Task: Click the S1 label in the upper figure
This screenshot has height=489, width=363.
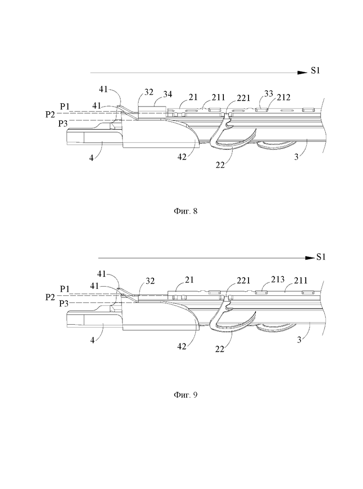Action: pyautogui.click(x=315, y=71)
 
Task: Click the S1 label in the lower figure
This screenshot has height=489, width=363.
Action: pyautogui.click(x=321, y=257)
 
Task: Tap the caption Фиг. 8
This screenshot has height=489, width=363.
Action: pyautogui.click(x=186, y=211)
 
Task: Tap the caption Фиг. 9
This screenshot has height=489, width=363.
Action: pyautogui.click(x=186, y=395)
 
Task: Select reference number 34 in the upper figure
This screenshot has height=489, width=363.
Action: pyautogui.click(x=168, y=94)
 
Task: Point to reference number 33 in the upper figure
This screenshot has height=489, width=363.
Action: pyautogui.click(x=269, y=94)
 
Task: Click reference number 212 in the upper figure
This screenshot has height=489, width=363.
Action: pyautogui.click(x=284, y=97)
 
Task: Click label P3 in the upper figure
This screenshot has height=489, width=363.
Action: pyautogui.click(x=63, y=124)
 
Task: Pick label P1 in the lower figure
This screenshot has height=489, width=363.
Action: pyautogui.click(x=65, y=289)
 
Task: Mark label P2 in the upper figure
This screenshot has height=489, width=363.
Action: pyautogui.click(x=50, y=114)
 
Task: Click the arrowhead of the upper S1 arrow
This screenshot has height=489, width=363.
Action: pyautogui.click(x=302, y=73)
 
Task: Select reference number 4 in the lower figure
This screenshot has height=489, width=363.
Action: pyautogui.click(x=92, y=340)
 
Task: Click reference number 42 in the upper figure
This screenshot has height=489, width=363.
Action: pyautogui.click(x=182, y=157)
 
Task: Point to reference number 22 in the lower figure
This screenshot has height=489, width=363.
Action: pyautogui.click(x=220, y=349)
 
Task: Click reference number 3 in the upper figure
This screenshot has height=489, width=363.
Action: pyautogui.click(x=296, y=156)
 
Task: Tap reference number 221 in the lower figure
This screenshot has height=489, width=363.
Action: pyautogui.click(x=243, y=281)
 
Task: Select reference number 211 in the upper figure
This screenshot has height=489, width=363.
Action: pyautogui.click(x=218, y=98)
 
